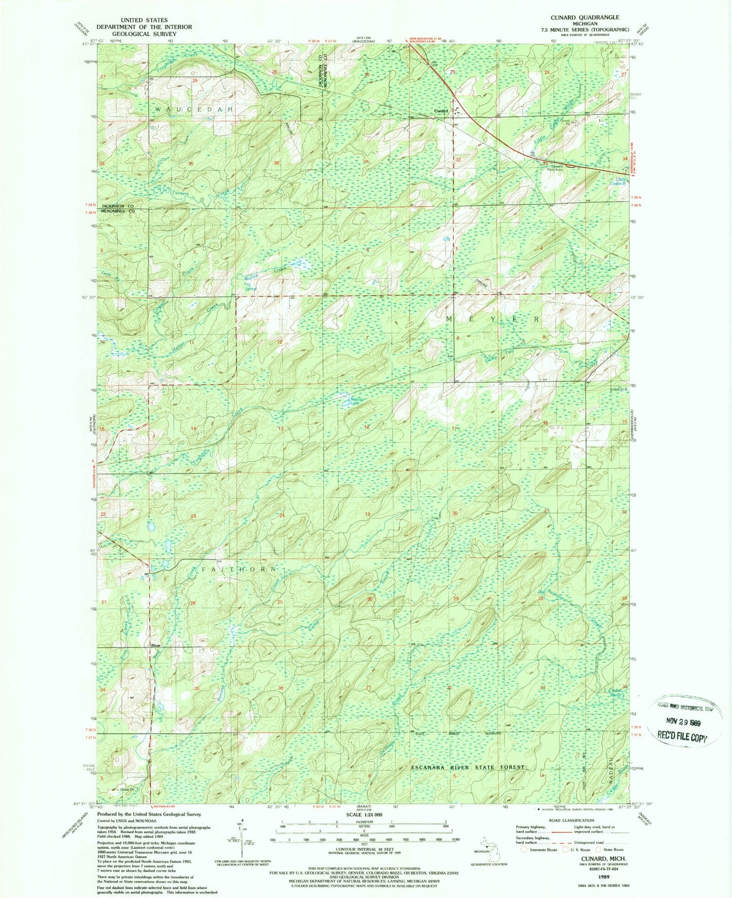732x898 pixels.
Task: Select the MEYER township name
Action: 493,319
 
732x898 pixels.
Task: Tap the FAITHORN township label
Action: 239,569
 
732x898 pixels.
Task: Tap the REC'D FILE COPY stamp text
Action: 681,737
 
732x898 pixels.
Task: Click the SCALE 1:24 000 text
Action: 364,814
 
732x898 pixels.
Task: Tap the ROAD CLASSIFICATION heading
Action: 571,820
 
